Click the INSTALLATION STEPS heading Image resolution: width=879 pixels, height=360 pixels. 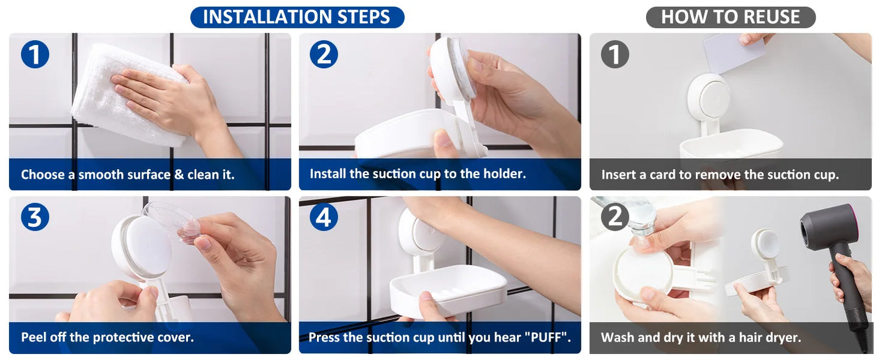[x=297, y=17]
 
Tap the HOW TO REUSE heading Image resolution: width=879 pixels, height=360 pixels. [x=731, y=17]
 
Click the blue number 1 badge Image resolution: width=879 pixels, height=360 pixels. [x=35, y=54]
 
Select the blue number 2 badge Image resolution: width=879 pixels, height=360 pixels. [x=324, y=54]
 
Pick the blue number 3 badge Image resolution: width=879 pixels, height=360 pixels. [x=35, y=217]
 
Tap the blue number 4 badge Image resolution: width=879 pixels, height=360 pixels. [x=324, y=217]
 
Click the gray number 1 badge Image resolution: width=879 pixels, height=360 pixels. [x=615, y=54]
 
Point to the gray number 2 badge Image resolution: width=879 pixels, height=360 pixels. [x=615, y=217]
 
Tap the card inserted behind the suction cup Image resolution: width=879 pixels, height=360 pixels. [x=733, y=53]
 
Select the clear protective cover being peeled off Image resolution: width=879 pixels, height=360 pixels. [x=173, y=221]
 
